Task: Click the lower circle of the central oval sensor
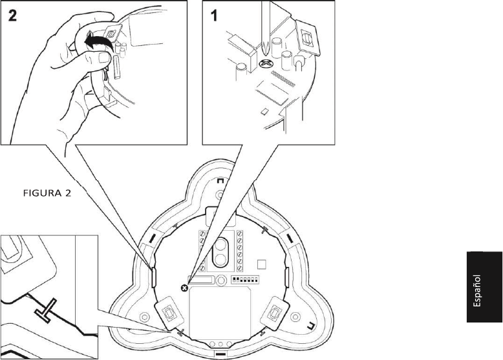(x=220, y=260)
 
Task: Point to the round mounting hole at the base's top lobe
(x=220, y=194)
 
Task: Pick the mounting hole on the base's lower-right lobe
(x=296, y=316)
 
